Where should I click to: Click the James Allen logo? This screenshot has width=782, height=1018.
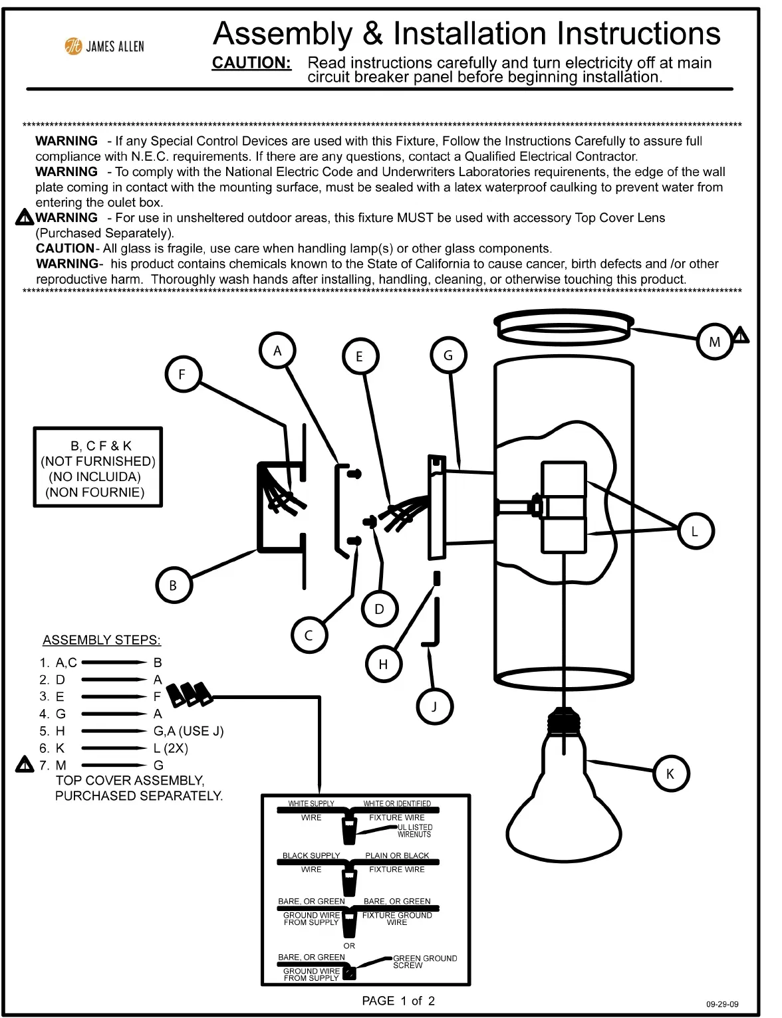[104, 46]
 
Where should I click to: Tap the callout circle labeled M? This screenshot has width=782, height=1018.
[714, 342]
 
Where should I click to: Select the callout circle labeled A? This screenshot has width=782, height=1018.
[277, 351]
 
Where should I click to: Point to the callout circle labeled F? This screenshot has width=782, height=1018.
[182, 374]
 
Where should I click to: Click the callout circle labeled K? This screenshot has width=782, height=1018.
[670, 773]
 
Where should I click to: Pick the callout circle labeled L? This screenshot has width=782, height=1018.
[695, 532]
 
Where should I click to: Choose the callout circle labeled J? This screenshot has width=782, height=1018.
[434, 706]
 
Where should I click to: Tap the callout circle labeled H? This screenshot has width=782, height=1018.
[383, 664]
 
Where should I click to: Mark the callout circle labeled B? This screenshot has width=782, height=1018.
[173, 585]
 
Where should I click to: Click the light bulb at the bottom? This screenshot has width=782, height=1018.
[564, 804]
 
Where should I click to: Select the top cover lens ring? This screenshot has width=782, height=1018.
[564, 326]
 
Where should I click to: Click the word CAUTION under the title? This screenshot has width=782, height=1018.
[251, 63]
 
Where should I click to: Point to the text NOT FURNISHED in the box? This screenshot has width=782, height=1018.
[98, 461]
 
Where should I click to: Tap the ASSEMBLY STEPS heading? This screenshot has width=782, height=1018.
[102, 640]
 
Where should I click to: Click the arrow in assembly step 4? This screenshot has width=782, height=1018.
[113, 714]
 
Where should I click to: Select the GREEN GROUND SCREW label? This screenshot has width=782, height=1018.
[425, 962]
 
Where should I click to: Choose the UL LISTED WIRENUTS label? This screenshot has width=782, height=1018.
[414, 831]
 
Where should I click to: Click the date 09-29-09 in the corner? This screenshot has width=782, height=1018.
[722, 1004]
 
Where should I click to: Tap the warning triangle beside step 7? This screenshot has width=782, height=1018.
[25, 765]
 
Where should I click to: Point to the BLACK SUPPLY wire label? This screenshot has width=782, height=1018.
[311, 856]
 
